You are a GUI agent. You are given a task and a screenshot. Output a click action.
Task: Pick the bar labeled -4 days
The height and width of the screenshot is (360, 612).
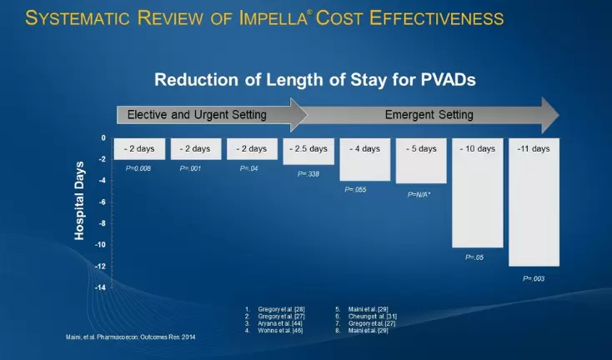point(364,159)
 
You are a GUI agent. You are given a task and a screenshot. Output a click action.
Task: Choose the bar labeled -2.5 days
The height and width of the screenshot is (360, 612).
point(308,151)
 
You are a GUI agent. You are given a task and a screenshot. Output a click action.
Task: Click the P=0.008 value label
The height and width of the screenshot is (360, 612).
point(137,168)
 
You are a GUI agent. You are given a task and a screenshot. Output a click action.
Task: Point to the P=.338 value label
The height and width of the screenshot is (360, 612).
point(308,173)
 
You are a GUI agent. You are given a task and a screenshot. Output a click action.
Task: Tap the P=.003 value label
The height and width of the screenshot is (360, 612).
point(534,278)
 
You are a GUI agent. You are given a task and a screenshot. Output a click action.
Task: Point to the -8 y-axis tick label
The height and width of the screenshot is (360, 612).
point(101,223)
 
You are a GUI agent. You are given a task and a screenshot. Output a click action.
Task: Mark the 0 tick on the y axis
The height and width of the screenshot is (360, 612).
point(103,138)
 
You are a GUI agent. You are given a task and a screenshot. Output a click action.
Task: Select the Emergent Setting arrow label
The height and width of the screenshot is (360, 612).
point(429,114)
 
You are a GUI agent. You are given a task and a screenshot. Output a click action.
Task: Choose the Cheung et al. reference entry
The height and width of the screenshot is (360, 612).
point(367,316)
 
